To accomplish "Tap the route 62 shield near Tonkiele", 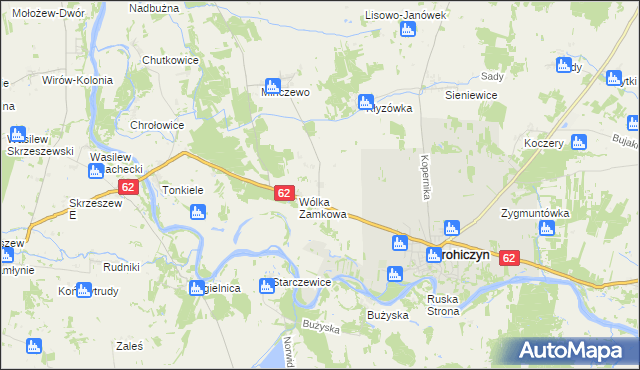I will pos(127,187).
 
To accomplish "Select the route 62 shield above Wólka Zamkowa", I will pos(283,193).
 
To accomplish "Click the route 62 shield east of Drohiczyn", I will pos(510,258).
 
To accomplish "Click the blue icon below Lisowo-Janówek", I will pos(406,31).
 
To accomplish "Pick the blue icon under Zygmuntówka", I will pos(546,229).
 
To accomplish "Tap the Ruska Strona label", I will pos(441,305).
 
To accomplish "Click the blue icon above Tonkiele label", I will pos(196,212).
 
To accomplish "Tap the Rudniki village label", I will pos(121,267).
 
